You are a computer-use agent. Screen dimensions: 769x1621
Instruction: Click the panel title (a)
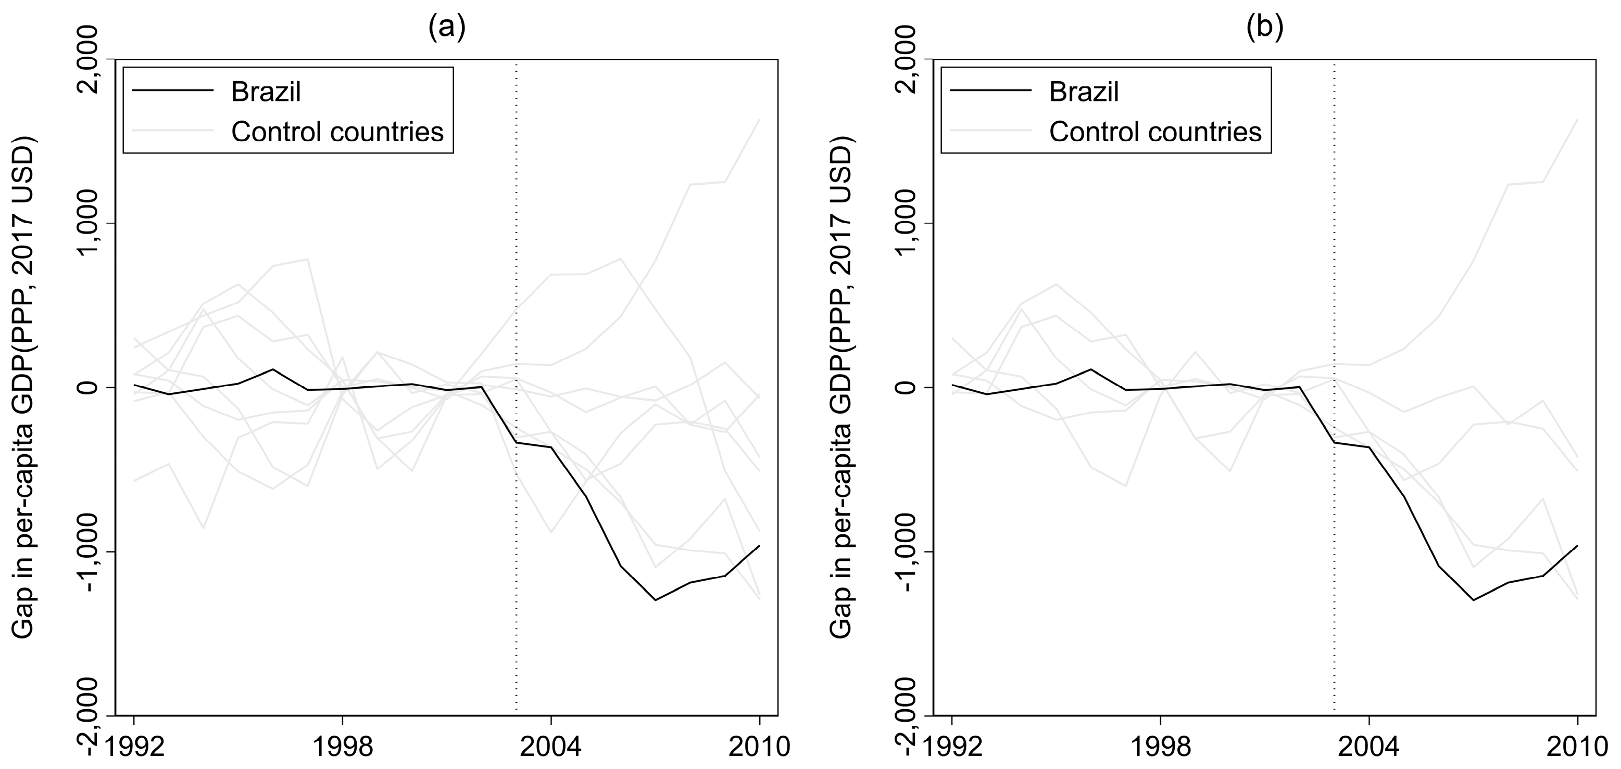pos(447,28)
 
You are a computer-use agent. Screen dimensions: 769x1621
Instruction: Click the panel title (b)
pos(1265,28)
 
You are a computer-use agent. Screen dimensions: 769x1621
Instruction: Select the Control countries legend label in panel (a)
pos(337,132)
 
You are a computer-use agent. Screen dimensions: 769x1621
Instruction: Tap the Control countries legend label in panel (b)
pos(1155,132)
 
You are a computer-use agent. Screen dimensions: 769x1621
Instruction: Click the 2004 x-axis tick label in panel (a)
pos(551,748)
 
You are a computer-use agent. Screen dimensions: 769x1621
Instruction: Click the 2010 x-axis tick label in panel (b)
pos(1576,748)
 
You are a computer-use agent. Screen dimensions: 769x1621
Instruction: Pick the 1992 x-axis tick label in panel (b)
pos(951,748)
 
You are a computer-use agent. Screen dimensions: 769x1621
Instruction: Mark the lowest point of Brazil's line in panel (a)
pos(655,600)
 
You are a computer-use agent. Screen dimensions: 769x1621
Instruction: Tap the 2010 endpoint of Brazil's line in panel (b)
pos(1577,546)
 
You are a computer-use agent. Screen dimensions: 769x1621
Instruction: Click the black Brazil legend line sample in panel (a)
pos(173,92)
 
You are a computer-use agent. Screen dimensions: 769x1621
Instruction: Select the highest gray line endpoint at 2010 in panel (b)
pos(1577,119)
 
